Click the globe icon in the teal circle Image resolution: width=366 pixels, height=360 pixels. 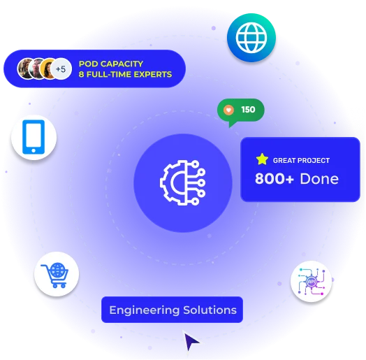pyautogui.click(x=251, y=37)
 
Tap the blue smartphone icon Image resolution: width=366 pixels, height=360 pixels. pyautogui.click(x=34, y=137)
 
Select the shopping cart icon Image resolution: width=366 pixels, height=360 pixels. pyautogui.click(x=55, y=275)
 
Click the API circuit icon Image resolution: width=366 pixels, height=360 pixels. pyautogui.click(x=312, y=281)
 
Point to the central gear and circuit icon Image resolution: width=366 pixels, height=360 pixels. pyautogui.click(x=183, y=182)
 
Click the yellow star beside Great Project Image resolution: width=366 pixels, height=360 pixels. pyautogui.click(x=262, y=159)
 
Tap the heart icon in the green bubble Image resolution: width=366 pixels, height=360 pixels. pyautogui.click(x=228, y=110)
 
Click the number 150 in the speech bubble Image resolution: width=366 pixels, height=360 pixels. pyautogui.click(x=248, y=110)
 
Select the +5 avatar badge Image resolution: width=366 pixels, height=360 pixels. pyautogui.click(x=61, y=69)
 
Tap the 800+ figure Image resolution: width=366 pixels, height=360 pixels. pyautogui.click(x=274, y=179)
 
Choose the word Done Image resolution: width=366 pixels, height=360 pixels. pyautogui.click(x=319, y=179)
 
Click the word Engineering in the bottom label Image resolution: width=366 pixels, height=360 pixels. pyautogui.click(x=145, y=310)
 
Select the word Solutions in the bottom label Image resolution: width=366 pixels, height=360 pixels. pyautogui.click(x=210, y=310)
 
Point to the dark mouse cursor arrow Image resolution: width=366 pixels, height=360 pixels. pyautogui.click(x=191, y=342)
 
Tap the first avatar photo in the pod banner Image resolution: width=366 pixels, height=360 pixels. pyautogui.click(x=27, y=69)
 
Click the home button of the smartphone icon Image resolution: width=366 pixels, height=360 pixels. pyautogui.click(x=34, y=150)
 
